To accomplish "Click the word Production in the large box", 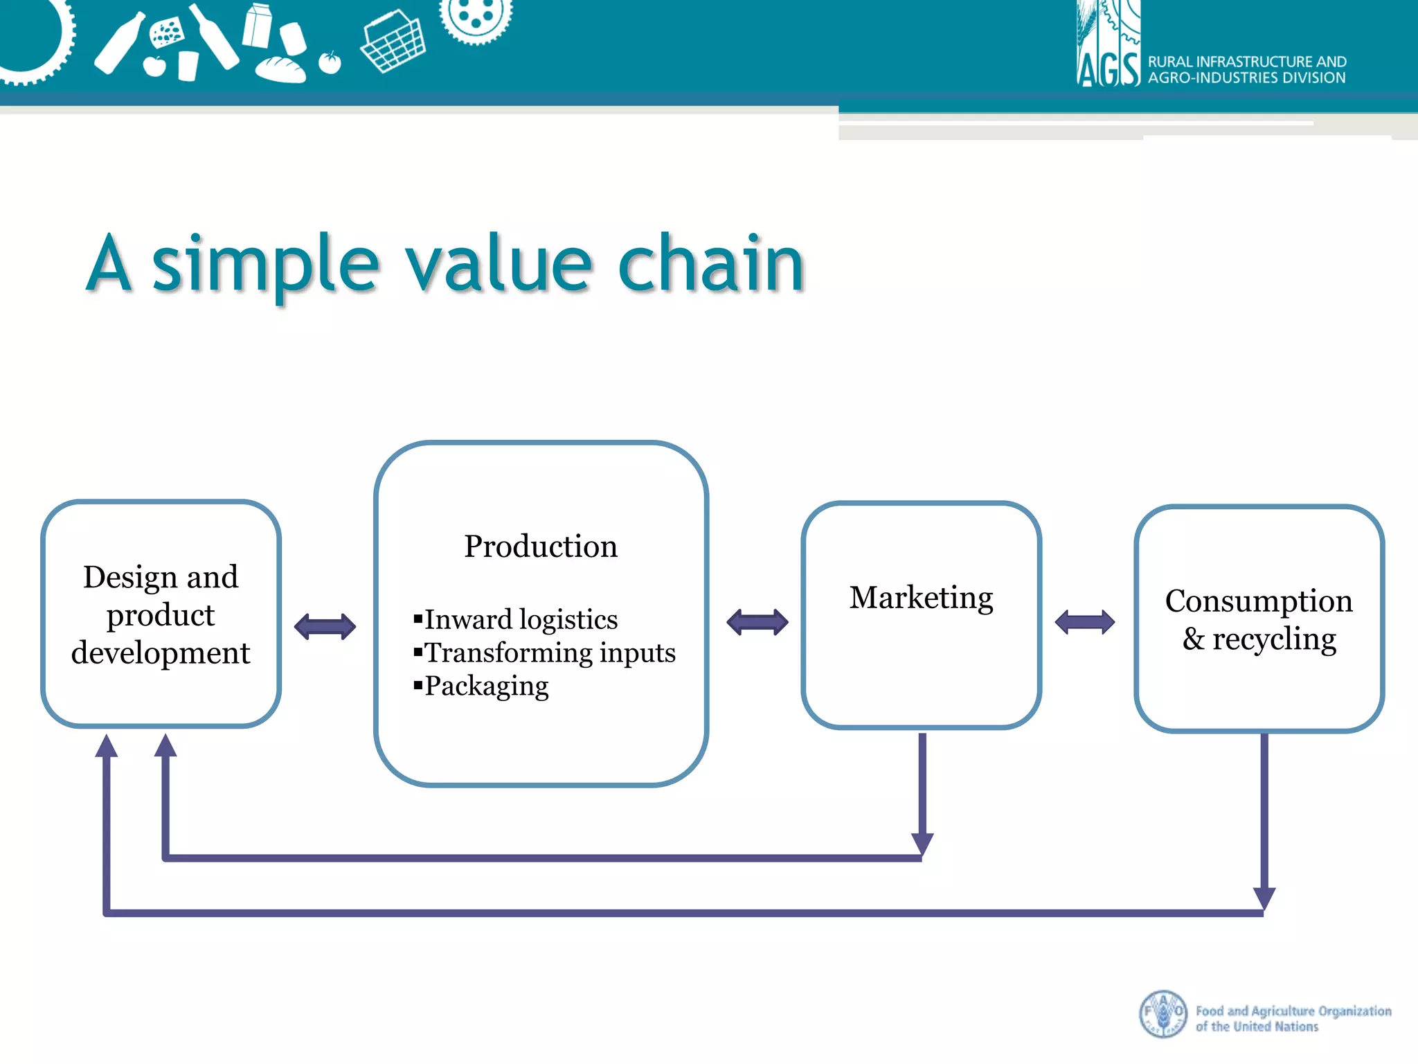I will pos(540,547).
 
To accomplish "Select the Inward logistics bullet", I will pos(521,619).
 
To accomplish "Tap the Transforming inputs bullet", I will pos(550,653).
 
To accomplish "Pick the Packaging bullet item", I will pos(486,686).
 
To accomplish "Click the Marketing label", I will pos(921,597).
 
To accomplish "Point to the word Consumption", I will pos(1258,601).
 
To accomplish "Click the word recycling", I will pos(1274,639).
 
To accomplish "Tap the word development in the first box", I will pos(161,653).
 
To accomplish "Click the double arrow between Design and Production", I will pos(325,626).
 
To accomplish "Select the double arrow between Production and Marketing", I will pos(757,621).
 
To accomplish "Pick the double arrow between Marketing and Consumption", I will pos(1084,621).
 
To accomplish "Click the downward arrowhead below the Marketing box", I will pos(922,843).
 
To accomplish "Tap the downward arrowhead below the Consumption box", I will pos(1264,897).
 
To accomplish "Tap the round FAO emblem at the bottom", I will pos(1163,1014).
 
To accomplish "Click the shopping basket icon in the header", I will pos(393,42).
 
